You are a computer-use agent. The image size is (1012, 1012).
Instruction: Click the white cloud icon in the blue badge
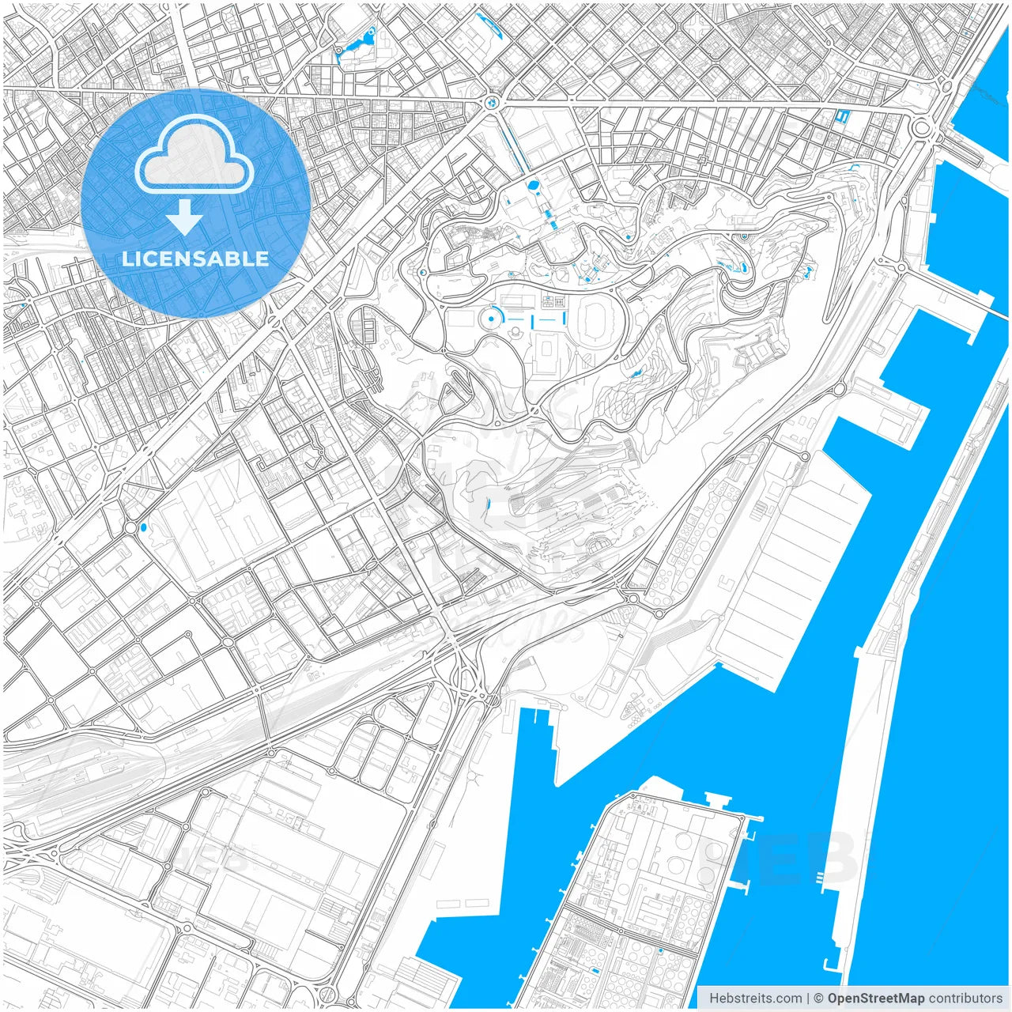(194, 160)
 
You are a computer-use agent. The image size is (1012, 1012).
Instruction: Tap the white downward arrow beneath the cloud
(185, 217)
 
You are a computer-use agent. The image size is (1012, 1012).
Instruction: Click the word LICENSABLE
(194, 259)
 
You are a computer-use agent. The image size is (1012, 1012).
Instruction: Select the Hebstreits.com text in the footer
(756, 999)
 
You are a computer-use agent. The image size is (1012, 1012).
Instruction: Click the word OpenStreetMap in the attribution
(876, 999)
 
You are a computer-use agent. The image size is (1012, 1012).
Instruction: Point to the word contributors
(965, 999)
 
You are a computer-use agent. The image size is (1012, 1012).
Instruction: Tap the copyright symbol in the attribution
(819, 999)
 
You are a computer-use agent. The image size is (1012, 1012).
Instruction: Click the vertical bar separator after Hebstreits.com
(807, 999)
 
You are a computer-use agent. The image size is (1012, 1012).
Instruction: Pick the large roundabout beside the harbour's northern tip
(921, 126)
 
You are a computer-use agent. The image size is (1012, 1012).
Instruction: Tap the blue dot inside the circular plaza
(492, 317)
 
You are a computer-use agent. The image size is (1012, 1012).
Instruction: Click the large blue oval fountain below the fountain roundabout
(534, 187)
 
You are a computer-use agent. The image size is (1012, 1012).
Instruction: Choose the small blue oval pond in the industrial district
(143, 526)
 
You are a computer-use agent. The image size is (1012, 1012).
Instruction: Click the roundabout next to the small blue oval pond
(129, 527)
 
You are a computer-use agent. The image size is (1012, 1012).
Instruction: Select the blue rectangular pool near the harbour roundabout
(841, 117)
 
